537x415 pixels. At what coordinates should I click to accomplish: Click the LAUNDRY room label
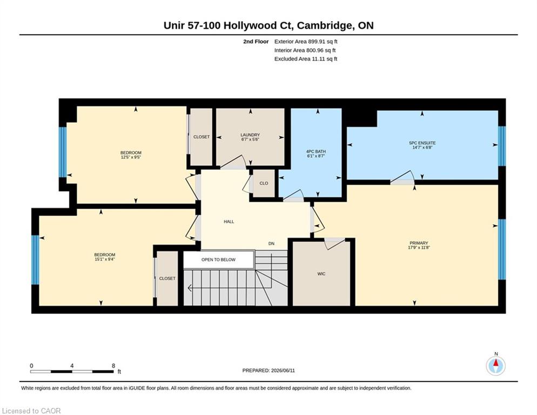(x=250, y=135)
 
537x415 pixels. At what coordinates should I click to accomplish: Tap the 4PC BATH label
(x=316, y=151)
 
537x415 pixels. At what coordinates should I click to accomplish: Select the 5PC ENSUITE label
(x=422, y=143)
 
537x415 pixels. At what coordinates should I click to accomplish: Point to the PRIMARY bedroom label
(x=419, y=243)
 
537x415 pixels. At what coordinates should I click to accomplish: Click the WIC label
(x=321, y=274)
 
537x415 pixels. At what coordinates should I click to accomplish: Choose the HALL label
(x=229, y=222)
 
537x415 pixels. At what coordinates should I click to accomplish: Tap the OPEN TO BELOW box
(x=218, y=260)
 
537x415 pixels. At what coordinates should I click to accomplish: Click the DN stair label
(x=271, y=244)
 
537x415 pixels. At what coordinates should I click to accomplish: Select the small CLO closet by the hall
(x=264, y=183)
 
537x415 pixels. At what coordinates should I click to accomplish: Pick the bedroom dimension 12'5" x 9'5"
(x=131, y=157)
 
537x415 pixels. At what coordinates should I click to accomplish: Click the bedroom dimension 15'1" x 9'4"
(x=105, y=259)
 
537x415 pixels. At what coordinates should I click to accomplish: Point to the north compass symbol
(x=495, y=366)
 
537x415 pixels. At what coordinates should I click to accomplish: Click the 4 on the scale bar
(x=72, y=366)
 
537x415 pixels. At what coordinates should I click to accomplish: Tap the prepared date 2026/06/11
(x=283, y=371)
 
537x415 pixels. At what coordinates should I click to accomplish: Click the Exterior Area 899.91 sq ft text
(x=306, y=42)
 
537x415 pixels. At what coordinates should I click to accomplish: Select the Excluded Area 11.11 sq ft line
(x=306, y=59)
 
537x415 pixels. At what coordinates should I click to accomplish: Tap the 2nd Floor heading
(x=256, y=42)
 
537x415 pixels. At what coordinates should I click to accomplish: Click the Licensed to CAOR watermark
(x=31, y=411)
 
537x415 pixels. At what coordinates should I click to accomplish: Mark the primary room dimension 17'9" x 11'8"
(x=419, y=247)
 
